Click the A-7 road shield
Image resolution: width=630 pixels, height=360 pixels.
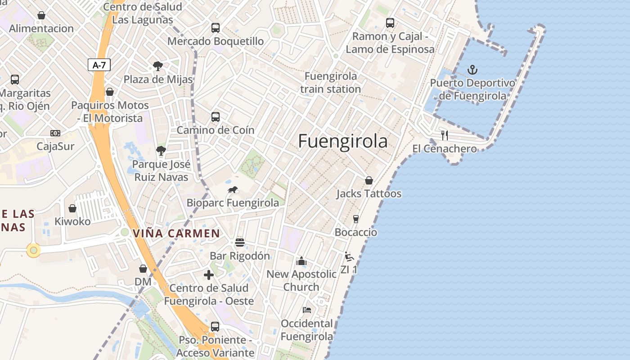(99, 65)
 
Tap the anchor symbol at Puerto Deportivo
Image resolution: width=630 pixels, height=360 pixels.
(472, 70)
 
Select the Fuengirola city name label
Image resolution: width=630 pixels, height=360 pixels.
(342, 141)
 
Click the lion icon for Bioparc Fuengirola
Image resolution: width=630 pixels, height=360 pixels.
(233, 190)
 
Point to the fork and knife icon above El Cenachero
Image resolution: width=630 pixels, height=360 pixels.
(445, 135)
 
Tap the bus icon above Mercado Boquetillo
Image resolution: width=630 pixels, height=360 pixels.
(216, 28)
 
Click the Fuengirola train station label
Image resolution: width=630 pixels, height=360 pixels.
(331, 82)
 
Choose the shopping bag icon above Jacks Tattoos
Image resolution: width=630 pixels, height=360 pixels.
(369, 180)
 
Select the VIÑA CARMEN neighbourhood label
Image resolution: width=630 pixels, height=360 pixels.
(176, 234)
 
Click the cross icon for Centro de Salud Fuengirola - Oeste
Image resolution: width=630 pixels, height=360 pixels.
(209, 275)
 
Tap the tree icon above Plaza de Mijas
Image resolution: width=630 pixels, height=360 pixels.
(158, 66)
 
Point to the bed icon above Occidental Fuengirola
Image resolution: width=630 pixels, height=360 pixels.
(307, 310)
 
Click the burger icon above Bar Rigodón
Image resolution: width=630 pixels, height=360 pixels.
(240, 243)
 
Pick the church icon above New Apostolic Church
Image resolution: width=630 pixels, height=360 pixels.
(301, 261)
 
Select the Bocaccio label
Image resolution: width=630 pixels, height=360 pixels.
(356, 232)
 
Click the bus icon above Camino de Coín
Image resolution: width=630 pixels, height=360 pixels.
(216, 117)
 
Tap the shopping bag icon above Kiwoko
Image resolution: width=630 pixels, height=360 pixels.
(72, 208)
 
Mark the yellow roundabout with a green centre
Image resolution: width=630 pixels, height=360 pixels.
(33, 250)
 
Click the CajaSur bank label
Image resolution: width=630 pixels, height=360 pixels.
(55, 146)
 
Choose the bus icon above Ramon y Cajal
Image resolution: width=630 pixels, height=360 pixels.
(390, 23)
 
